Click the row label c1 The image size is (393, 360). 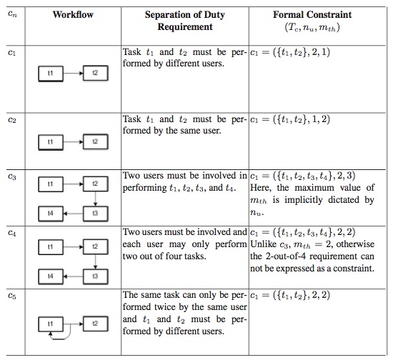pyautogui.click(x=11, y=52)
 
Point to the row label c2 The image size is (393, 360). pyautogui.click(x=11, y=121)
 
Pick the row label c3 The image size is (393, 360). pyautogui.click(x=11, y=176)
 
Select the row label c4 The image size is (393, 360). pyautogui.click(x=11, y=232)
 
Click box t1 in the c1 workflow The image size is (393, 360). pyautogui.click(x=50, y=74)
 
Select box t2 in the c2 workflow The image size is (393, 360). pyautogui.click(x=94, y=142)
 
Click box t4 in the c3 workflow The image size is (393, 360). pyautogui.click(x=50, y=213)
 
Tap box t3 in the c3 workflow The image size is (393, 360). pyautogui.click(x=94, y=213)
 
